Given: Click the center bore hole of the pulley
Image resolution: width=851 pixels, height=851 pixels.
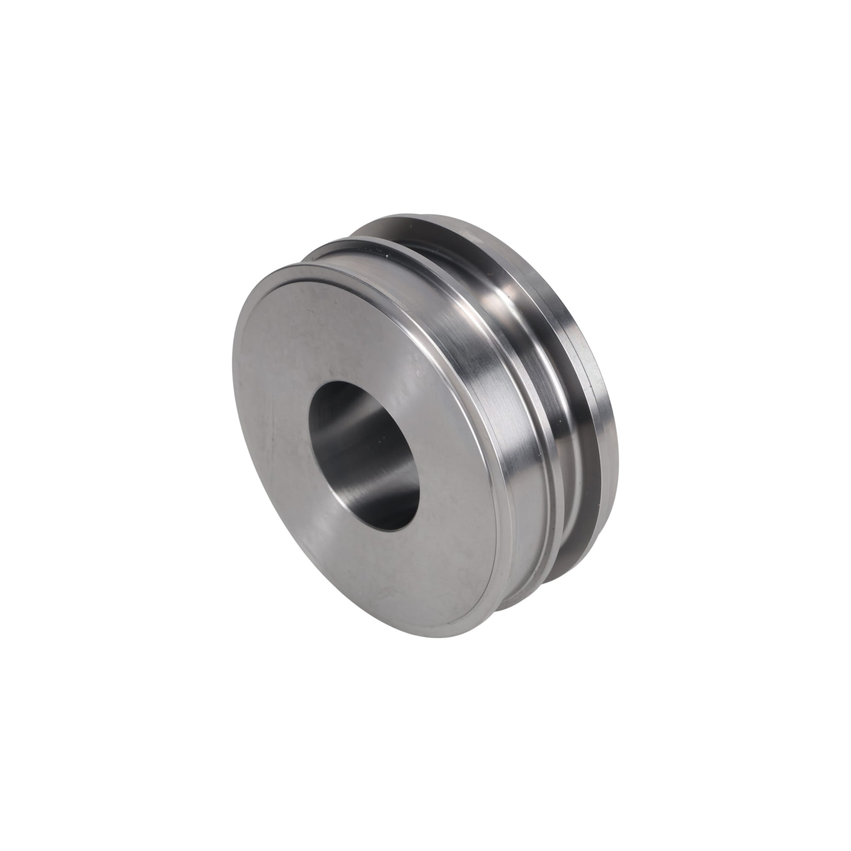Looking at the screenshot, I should click(365, 456).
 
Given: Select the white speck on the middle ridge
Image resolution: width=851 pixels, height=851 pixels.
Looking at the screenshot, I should click(387, 254).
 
